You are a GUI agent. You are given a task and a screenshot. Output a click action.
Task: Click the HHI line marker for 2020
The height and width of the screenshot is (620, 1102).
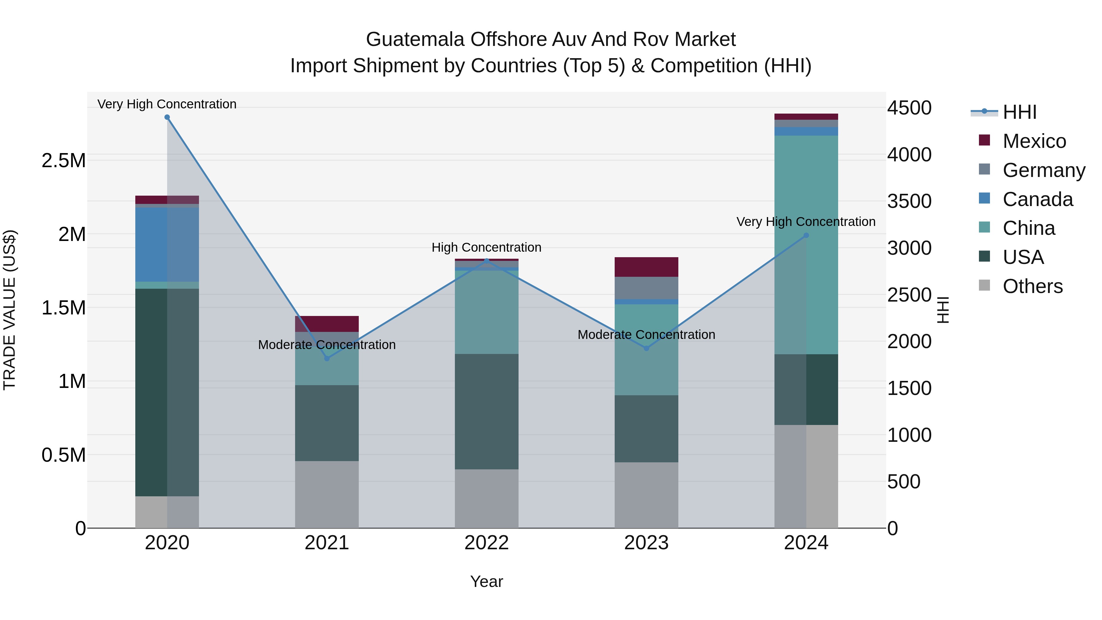(x=167, y=117)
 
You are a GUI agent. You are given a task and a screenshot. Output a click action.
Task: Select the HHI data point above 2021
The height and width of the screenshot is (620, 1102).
(x=327, y=359)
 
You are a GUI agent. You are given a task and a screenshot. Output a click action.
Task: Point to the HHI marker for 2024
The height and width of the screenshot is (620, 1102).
(x=806, y=235)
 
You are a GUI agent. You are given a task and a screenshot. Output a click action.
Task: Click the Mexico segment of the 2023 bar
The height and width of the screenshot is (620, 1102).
(x=647, y=267)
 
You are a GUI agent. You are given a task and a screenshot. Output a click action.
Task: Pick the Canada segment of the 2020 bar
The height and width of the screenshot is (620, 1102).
(x=167, y=245)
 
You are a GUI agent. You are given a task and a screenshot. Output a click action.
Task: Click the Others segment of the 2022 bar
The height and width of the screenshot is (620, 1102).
(x=486, y=498)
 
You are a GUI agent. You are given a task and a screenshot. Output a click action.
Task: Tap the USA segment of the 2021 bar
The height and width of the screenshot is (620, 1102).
(x=327, y=423)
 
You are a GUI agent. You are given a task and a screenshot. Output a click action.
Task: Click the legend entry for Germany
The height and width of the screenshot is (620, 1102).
(x=1044, y=170)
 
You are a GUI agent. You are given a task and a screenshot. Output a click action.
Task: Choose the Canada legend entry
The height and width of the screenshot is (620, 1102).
(x=1037, y=199)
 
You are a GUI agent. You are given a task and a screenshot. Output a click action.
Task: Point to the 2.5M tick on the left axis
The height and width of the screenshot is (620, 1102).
(x=63, y=161)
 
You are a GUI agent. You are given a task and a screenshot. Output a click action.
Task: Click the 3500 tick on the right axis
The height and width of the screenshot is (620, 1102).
(x=909, y=201)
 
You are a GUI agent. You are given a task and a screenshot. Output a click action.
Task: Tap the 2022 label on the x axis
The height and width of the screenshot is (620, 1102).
(x=486, y=543)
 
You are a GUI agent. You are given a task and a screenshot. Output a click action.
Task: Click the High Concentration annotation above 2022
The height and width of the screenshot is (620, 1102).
(x=486, y=247)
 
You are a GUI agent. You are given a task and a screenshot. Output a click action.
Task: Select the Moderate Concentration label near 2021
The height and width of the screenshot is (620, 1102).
(x=327, y=345)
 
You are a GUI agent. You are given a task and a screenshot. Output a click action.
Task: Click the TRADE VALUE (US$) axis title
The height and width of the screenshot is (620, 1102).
(x=10, y=310)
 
